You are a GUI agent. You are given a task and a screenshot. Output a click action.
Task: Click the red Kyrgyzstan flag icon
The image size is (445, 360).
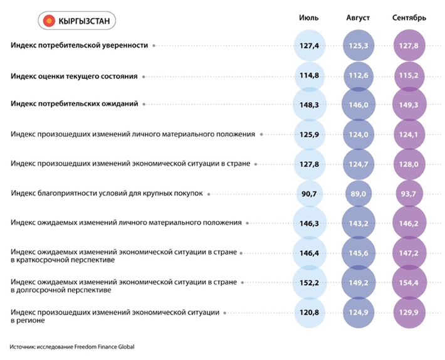49,21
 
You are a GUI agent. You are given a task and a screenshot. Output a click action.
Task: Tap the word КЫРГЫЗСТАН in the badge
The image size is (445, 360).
84,21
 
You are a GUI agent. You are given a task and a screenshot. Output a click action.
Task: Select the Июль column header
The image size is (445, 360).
309,18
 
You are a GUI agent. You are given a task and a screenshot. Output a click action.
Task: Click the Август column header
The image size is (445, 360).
358,18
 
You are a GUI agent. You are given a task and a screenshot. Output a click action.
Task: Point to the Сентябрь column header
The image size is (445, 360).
409,18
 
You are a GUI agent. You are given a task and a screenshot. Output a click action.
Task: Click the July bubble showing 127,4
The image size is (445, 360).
310,46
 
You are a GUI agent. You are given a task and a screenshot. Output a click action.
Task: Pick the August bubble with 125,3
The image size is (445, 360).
359,46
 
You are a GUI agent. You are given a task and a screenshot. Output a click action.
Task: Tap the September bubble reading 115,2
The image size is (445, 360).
409,76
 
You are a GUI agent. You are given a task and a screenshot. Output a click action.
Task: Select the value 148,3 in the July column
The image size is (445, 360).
310,105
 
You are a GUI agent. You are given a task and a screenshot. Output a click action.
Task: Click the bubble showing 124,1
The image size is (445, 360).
409,134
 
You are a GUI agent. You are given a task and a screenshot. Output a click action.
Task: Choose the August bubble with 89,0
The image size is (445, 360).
359,194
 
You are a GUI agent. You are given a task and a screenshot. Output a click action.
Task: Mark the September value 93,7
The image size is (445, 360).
409,194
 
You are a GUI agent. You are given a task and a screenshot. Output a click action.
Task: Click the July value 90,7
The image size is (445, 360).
310,194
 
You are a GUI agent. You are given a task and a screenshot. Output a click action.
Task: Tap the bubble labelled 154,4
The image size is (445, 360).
409,283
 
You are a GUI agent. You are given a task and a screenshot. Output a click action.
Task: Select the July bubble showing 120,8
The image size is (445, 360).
310,312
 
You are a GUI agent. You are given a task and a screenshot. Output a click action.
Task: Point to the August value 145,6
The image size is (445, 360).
359,253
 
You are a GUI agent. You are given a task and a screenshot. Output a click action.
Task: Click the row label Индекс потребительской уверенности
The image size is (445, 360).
80,45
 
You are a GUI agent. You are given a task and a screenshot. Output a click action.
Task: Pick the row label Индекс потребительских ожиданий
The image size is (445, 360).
75,104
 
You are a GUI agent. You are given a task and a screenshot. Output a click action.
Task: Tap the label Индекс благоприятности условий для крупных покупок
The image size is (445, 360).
107,194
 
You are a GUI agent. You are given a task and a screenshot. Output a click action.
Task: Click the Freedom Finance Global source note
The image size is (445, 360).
72,347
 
